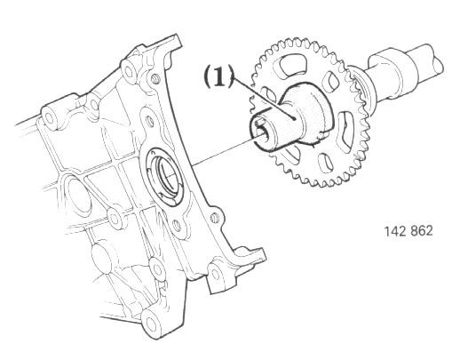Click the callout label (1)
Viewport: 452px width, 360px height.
[x=218, y=76]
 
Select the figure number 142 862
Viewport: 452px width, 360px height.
[x=408, y=231]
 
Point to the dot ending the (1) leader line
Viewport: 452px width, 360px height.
[x=294, y=118]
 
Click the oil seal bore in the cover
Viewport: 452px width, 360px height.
[x=165, y=174]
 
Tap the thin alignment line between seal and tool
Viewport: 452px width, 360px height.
[x=225, y=150]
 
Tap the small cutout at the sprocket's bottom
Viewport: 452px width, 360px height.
[x=325, y=163]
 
